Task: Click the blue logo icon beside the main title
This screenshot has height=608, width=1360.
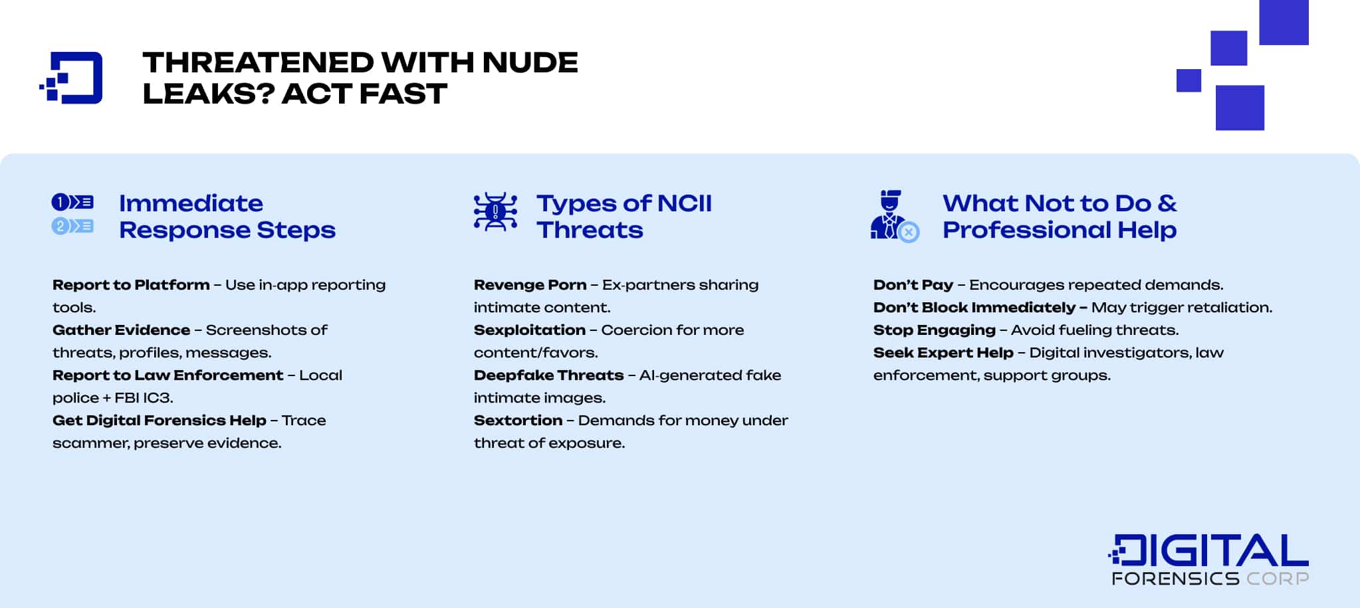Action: coord(72,78)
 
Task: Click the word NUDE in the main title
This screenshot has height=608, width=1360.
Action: coord(530,62)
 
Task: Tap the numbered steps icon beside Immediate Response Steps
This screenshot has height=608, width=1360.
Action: coord(72,214)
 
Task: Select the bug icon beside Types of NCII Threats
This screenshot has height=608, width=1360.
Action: coord(495,212)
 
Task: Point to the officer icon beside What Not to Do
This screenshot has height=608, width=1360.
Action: coord(893,217)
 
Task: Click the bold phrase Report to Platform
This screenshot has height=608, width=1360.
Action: coord(131,285)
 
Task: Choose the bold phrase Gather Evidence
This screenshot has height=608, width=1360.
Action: coord(121,330)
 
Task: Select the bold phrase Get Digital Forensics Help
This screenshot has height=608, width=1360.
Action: coord(159,421)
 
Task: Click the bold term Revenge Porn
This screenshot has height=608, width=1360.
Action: coord(530,285)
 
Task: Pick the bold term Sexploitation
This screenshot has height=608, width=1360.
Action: coord(529,330)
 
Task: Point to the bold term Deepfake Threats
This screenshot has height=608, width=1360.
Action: coord(548,375)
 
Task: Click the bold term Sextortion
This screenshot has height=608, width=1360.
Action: coord(518,421)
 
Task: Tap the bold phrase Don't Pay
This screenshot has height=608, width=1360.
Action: coord(913,285)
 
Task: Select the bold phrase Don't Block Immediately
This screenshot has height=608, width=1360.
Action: coord(974,308)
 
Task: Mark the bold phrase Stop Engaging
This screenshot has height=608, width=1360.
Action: coord(934,330)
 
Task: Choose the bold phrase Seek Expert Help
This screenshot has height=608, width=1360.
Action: coord(943,353)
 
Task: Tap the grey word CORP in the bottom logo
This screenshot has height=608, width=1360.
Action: coord(1277,579)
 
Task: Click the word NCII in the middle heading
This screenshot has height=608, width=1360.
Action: coord(684,203)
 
